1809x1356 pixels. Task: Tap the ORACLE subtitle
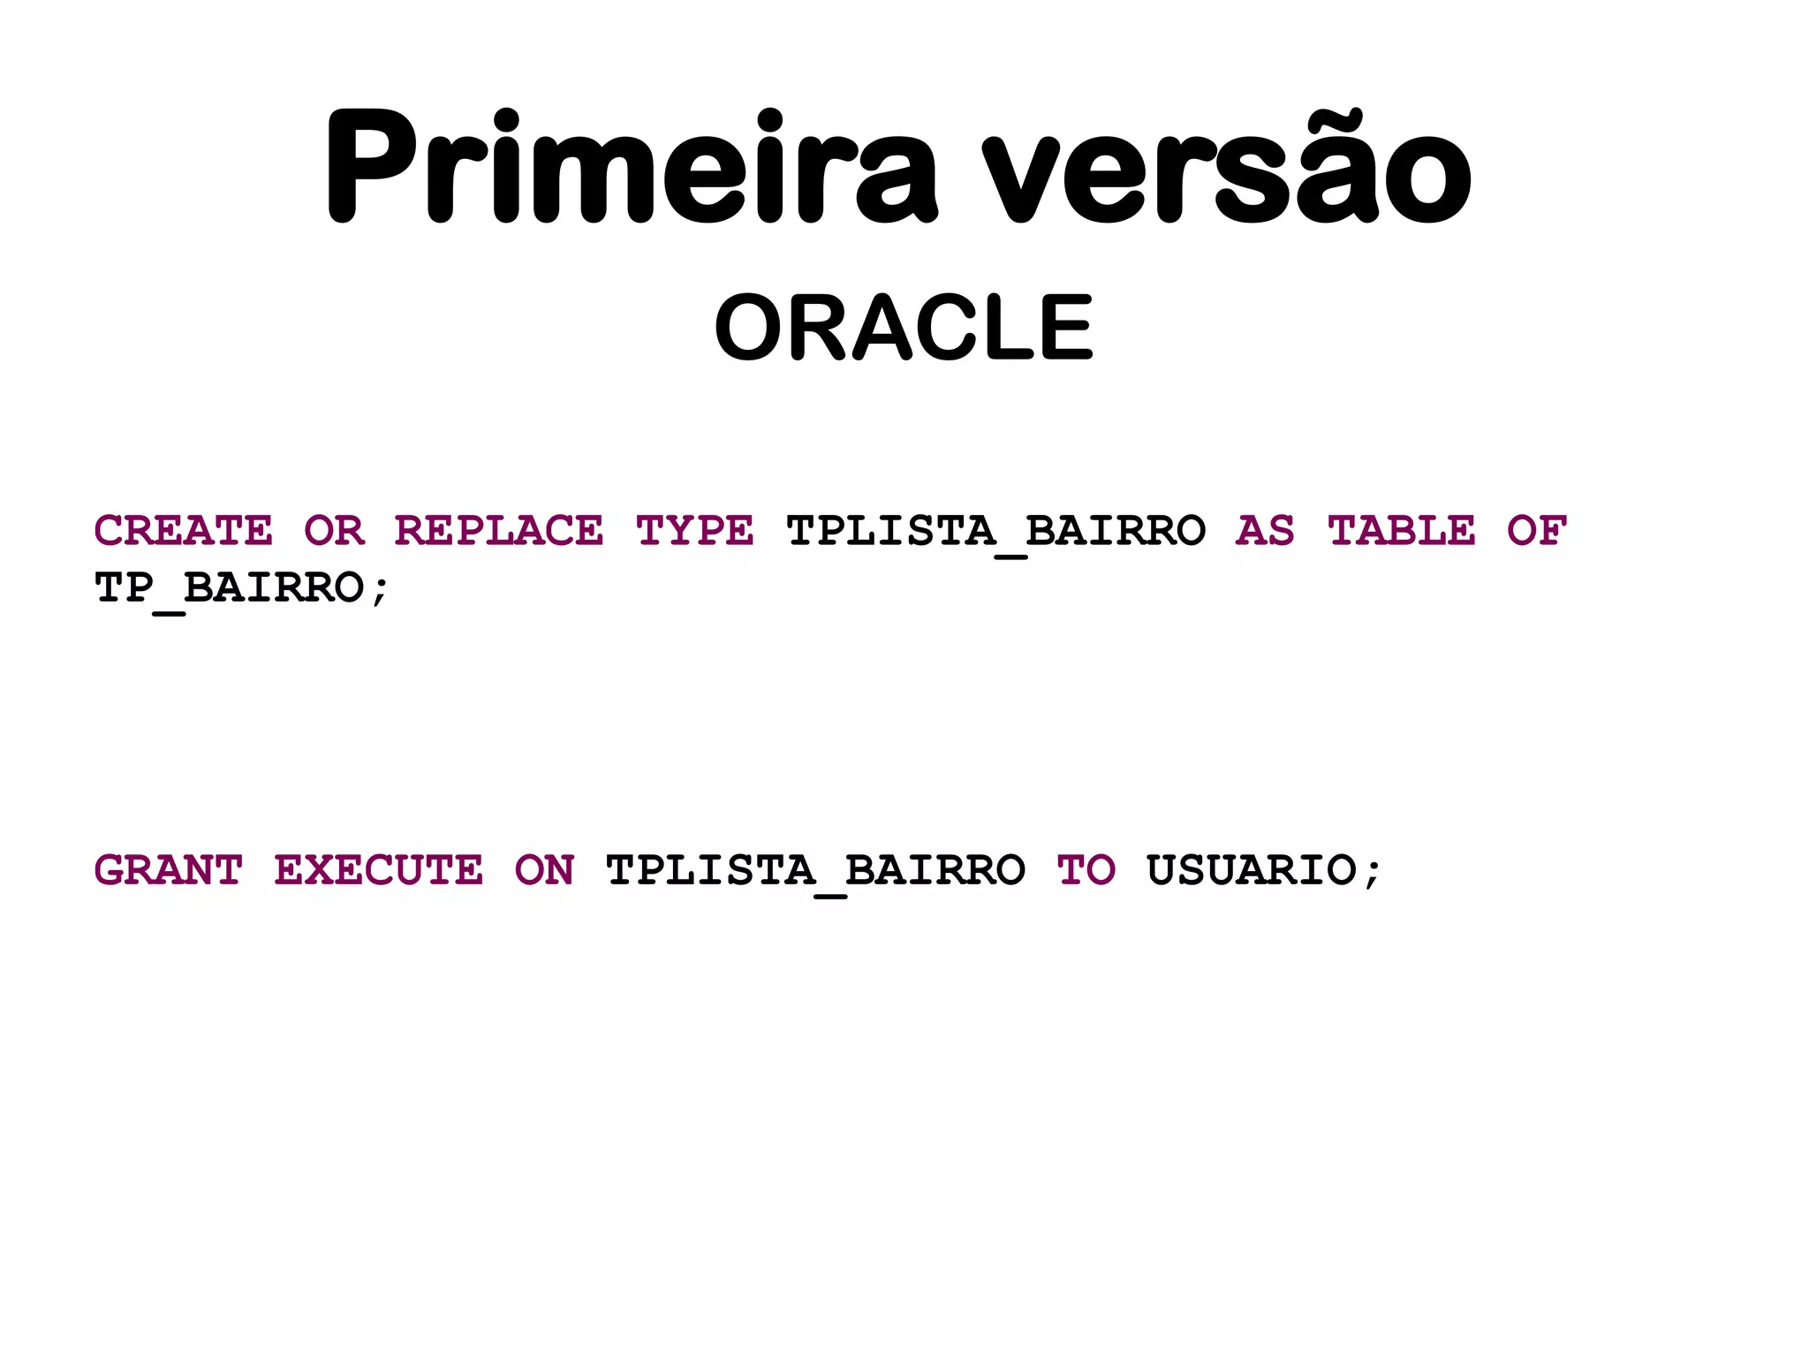[x=904, y=328]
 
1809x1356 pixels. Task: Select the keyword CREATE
[x=184, y=531]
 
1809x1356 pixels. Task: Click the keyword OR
[x=334, y=531]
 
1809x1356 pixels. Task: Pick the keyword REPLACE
[x=499, y=531]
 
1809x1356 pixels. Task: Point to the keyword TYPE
[x=695, y=531]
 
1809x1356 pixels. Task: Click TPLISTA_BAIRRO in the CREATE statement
[x=995, y=532]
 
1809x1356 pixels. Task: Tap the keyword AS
[x=1265, y=531]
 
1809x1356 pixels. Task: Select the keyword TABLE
[x=1402, y=531]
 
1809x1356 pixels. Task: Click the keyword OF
[x=1537, y=531]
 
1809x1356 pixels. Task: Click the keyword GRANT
[x=168, y=870]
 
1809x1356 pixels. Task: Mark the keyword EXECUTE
[x=379, y=870]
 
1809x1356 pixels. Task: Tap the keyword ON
[x=544, y=870]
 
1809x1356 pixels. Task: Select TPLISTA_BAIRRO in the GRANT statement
[x=815, y=871]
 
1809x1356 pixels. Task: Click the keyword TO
[x=1086, y=870]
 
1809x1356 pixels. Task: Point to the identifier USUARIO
[x=1252, y=870]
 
